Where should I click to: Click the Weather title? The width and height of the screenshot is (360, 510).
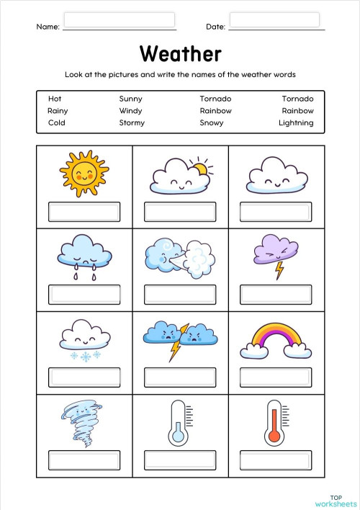coord(180,53)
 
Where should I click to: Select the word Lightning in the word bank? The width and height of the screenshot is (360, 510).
coord(296,122)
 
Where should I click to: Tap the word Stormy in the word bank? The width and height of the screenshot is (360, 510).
coord(132,122)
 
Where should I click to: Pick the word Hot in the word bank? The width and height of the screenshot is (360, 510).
coord(55,99)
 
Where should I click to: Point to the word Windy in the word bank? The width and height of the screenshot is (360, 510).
coord(130,111)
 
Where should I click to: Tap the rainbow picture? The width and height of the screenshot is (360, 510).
coord(276,338)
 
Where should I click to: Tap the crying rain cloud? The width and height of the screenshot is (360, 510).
coord(84,254)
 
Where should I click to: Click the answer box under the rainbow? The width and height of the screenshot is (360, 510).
coord(276,377)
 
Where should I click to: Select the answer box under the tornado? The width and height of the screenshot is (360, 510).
coord(84,460)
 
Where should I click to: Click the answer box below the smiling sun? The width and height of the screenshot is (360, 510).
coord(84,212)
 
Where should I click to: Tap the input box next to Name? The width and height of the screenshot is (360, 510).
coord(120,19)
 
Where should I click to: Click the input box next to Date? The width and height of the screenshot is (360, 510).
coord(274,19)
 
